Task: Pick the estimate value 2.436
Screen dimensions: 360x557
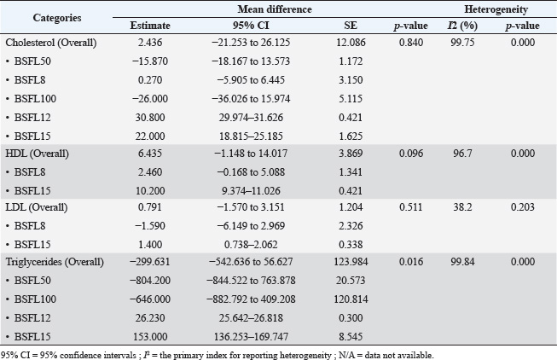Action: [x=145, y=43]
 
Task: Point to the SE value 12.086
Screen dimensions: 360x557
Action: [x=350, y=43]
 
